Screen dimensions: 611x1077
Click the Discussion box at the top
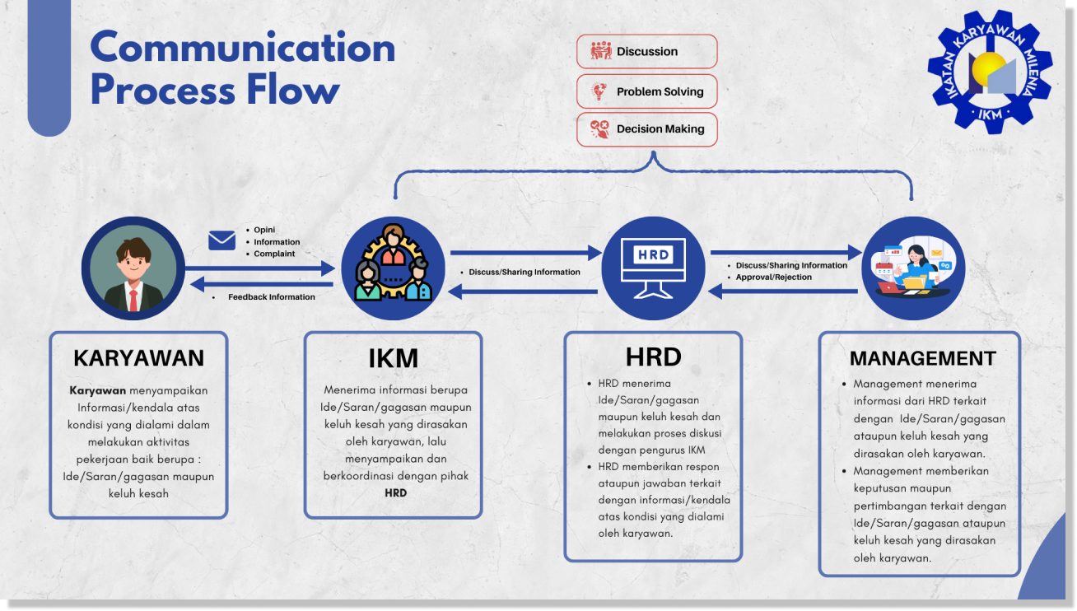tap(646, 51)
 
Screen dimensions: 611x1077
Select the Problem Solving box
tap(646, 91)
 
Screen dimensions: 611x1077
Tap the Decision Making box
tap(646, 129)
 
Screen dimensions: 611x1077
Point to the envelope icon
tap(221, 240)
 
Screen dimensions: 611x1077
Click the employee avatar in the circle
tap(133, 268)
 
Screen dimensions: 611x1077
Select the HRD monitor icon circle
tap(653, 268)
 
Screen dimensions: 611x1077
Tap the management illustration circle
tap(912, 268)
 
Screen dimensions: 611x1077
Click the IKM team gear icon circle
tap(393, 268)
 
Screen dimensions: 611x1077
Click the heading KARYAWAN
tap(138, 358)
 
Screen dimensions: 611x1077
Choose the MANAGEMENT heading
tap(922, 359)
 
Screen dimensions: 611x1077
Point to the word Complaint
tap(274, 254)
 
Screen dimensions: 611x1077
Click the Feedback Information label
tap(271, 297)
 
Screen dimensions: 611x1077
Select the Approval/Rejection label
tap(773, 278)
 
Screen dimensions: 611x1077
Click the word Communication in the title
tap(243, 49)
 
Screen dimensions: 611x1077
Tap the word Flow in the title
tap(300, 91)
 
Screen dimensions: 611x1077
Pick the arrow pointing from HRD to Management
tap(786, 254)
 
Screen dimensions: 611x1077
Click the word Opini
tap(264, 230)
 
